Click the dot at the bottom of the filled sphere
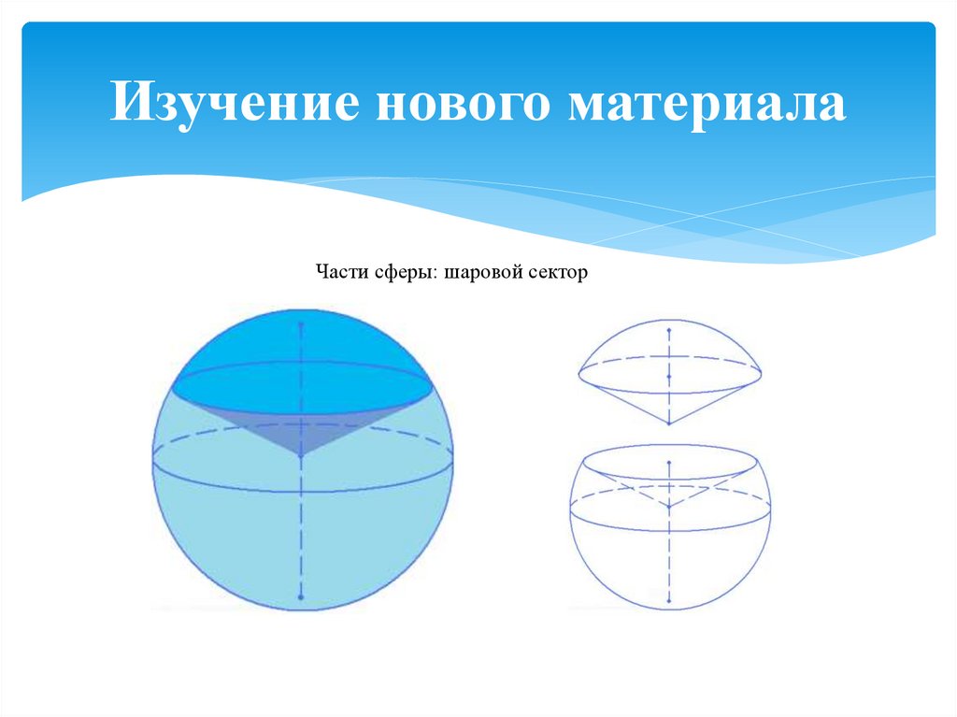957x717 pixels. pos(301,596)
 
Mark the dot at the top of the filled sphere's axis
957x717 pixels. pos(301,324)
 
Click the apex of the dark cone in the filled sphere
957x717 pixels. pos(301,457)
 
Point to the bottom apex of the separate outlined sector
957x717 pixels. pos(669,423)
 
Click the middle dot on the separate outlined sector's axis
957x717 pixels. pos(669,376)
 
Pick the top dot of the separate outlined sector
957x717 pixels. pos(669,330)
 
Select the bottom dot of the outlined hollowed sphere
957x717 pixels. pos(669,599)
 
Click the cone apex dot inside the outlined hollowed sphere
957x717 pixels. pos(669,506)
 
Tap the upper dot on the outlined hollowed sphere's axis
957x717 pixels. pos(669,462)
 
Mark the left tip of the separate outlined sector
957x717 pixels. pos(579,372)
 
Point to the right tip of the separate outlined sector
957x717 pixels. pos(761,372)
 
